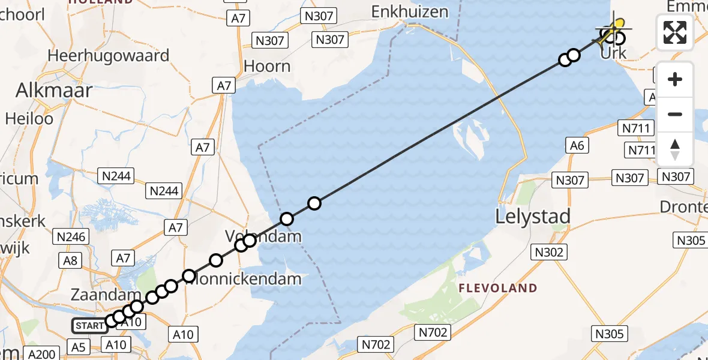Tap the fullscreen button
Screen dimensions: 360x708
pos(675,32)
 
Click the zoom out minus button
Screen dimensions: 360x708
pos(675,114)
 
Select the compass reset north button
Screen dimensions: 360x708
pos(675,149)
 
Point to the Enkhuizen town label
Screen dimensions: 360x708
pos(410,11)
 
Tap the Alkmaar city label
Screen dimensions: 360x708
pos(54,91)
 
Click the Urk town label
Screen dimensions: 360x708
pos(614,53)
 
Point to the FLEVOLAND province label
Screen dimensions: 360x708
pos(498,289)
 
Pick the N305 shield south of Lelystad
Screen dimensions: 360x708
pos(610,334)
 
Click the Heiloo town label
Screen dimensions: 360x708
pos(29,118)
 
